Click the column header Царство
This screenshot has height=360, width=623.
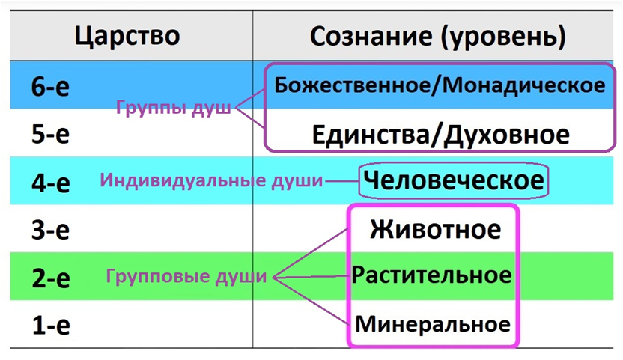(x=127, y=35)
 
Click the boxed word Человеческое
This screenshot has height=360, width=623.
(x=452, y=180)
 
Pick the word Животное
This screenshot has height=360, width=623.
(x=434, y=228)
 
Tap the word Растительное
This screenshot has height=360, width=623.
(x=432, y=275)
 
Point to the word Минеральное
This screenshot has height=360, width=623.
(x=432, y=324)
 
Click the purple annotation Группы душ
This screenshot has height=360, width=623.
(x=174, y=107)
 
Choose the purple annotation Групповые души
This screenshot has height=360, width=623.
(x=186, y=277)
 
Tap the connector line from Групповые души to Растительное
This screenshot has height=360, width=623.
(x=311, y=278)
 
